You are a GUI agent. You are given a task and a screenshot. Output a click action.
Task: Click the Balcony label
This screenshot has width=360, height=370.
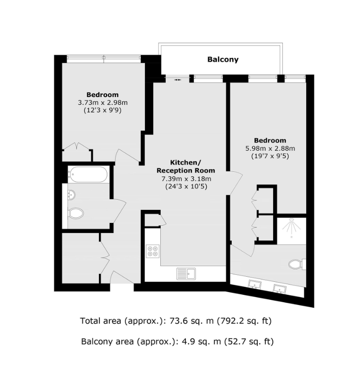click(223, 59)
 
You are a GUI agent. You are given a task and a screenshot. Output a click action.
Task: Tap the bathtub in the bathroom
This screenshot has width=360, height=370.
click(88, 175)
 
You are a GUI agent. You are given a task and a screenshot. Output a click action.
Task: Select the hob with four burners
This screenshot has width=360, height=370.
click(153, 251)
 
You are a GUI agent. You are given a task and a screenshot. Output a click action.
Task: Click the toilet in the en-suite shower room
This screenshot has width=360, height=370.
click(296, 264)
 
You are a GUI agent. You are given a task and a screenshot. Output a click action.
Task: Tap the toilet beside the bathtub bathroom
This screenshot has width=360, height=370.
click(76, 214)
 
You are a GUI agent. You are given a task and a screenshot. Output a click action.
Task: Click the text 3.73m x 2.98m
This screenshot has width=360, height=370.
click(102, 103)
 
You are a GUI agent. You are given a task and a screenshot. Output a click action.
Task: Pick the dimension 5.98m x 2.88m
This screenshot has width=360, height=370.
click(270, 149)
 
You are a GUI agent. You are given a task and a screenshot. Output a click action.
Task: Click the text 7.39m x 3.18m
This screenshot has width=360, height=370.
click(186, 179)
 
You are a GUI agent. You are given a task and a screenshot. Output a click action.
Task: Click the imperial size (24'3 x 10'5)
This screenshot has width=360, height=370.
click(186, 187)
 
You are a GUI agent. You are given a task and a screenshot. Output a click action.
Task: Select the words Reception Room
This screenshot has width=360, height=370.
click(186, 170)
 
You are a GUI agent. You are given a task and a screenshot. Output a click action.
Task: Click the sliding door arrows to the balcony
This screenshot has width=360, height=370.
click(177, 79)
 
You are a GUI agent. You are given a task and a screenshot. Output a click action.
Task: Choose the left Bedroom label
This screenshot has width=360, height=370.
click(102, 95)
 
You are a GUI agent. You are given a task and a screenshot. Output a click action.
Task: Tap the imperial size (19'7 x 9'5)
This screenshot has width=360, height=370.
click(270, 156)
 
